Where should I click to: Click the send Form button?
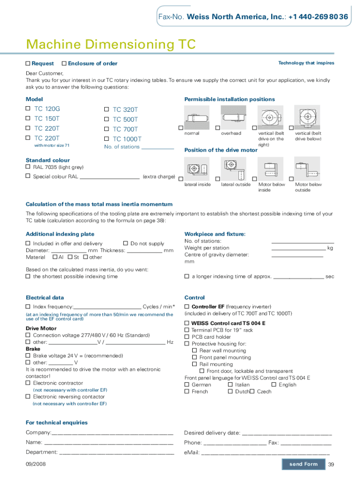303,464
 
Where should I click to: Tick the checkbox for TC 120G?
28,109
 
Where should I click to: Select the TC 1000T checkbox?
107,138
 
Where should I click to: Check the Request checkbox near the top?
28,63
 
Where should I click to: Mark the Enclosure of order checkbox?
64,63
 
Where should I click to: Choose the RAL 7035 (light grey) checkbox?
28,167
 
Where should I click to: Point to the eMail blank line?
265,453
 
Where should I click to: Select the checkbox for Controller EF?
187,306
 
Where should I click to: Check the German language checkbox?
187,385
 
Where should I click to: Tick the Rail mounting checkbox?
194,364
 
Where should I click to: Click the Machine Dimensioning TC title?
110,45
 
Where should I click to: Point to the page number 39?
331,464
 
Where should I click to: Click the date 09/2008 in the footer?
35,464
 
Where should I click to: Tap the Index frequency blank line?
108,307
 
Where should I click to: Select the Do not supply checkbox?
125,243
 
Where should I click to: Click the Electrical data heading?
44,298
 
